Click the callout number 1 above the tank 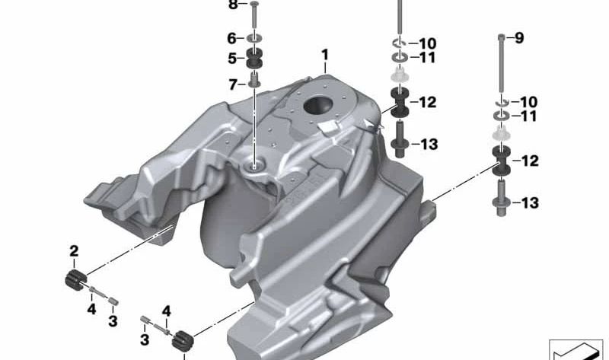[324, 55]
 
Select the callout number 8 [233, 5]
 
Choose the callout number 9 [520, 37]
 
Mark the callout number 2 [74, 250]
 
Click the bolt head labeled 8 [253, 5]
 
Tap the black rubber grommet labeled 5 [253, 58]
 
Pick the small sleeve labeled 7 [253, 80]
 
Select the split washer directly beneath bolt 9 [501, 102]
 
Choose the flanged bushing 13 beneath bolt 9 [501, 199]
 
